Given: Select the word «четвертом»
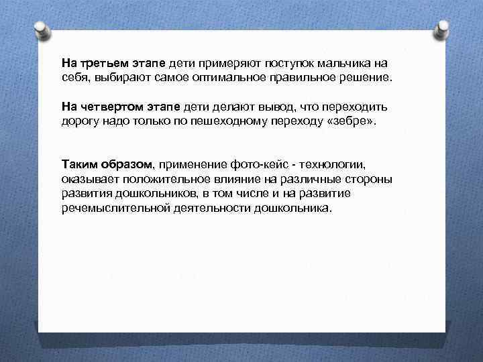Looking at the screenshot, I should [x=109, y=108].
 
